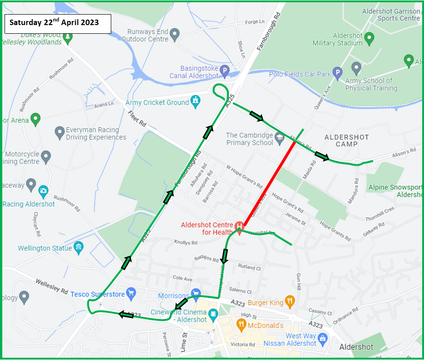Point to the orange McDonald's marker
(x=242, y=324)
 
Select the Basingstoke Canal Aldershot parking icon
(x=225, y=71)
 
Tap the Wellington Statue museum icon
(x=79, y=248)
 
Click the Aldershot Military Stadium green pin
(x=369, y=38)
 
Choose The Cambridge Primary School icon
(x=279, y=137)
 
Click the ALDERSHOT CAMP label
(x=347, y=141)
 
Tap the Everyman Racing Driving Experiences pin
(x=59, y=133)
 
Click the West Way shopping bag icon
(x=322, y=338)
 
